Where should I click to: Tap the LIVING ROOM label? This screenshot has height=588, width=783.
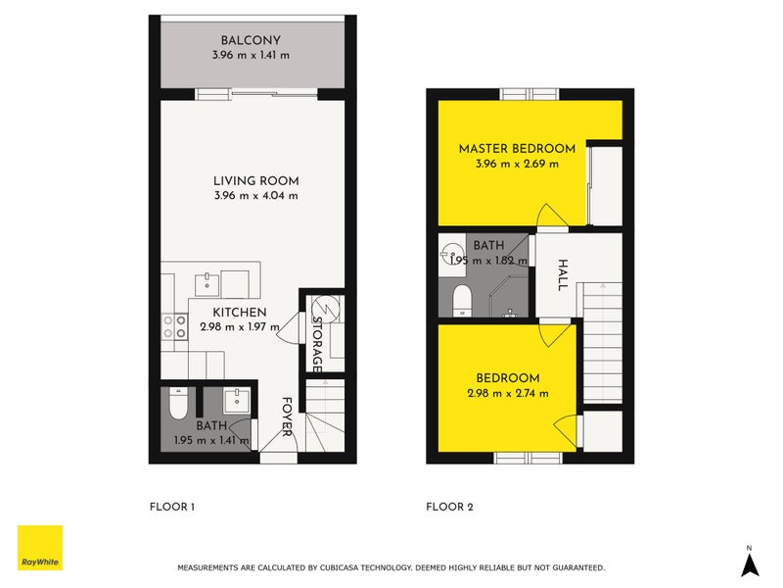(255, 180)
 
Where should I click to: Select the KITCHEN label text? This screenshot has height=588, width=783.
(240, 313)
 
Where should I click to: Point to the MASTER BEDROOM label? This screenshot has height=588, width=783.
(517, 149)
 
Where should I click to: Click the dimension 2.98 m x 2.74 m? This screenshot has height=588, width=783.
(508, 393)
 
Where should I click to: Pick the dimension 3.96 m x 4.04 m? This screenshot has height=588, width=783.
(255, 195)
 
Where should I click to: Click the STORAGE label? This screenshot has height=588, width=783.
(317, 343)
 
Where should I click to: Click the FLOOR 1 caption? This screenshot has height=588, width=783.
(172, 508)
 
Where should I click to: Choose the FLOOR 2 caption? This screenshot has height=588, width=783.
(449, 508)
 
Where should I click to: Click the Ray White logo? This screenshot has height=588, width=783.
(40, 548)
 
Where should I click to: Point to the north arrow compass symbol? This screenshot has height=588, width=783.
(749, 563)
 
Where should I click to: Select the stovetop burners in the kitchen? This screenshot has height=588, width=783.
(174, 326)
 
